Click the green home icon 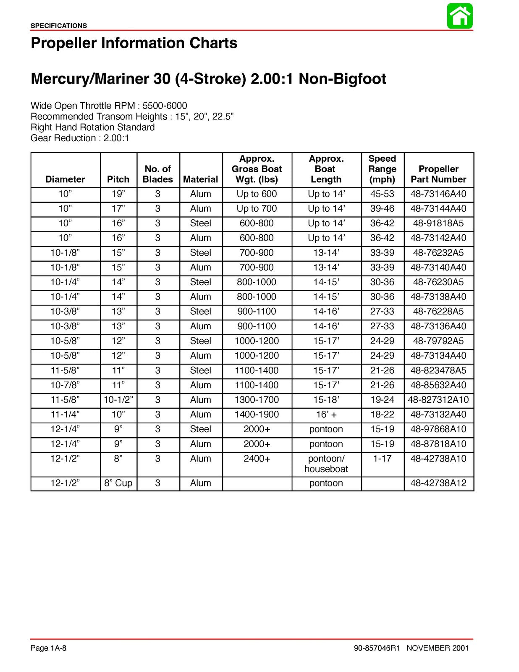(x=460, y=16)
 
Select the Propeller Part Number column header (x=438, y=174)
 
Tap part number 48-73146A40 (x=438, y=194)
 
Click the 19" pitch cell (x=118, y=194)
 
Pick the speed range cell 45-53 (x=382, y=194)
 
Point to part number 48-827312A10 (x=438, y=400)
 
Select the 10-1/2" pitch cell (x=118, y=400)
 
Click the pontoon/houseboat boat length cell (x=326, y=464)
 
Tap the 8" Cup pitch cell (x=118, y=483)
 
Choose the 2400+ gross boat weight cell (x=257, y=459)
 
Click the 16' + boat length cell (x=326, y=415)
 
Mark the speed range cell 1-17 (x=382, y=459)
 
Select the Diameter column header (x=65, y=179)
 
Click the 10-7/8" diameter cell (x=65, y=385)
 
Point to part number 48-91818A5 (x=438, y=223)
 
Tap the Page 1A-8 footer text (x=48, y=648)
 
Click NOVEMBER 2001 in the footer (x=438, y=648)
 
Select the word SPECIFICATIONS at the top (x=59, y=26)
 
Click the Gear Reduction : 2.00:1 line (x=80, y=138)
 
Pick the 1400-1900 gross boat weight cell (x=257, y=415)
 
